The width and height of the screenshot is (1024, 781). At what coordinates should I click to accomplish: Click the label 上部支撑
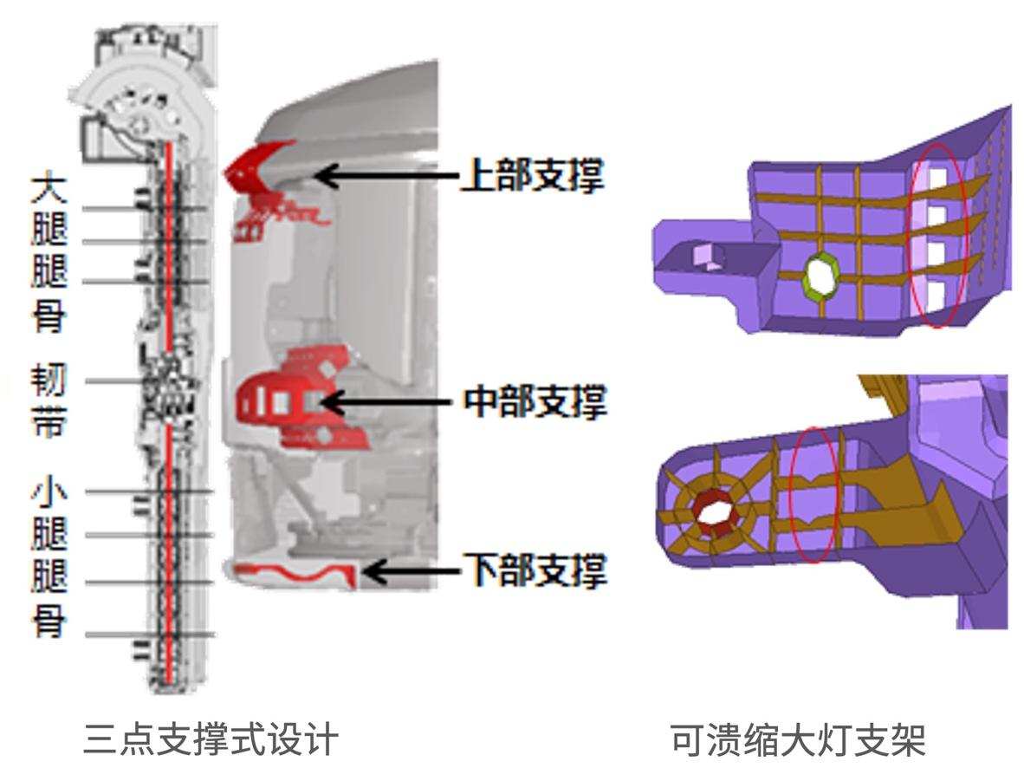pyautogui.click(x=531, y=176)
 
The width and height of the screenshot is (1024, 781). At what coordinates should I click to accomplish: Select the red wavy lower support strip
pyautogui.click(x=295, y=573)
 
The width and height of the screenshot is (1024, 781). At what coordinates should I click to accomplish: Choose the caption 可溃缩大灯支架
pyautogui.click(x=798, y=741)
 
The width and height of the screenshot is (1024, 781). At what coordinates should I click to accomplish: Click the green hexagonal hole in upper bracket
pyautogui.click(x=819, y=277)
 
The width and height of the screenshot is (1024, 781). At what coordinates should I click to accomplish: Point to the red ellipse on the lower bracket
pyautogui.click(x=815, y=495)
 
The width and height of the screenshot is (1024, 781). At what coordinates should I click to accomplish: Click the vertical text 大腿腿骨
pyautogui.click(x=49, y=251)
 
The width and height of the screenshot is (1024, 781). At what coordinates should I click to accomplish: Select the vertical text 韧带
pyautogui.click(x=49, y=403)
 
